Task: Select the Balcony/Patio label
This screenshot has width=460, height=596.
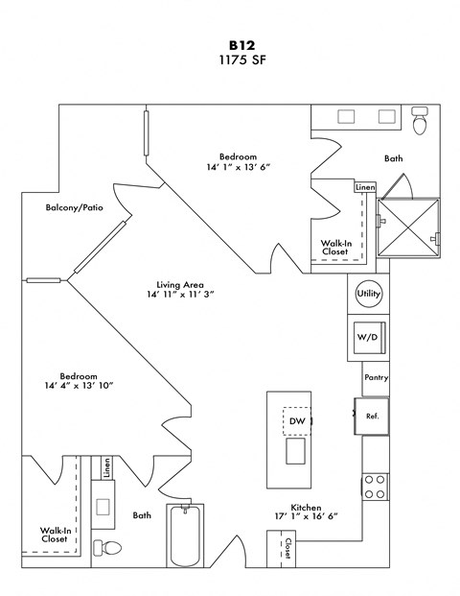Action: [x=74, y=207]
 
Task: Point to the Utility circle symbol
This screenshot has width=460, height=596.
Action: [x=368, y=294]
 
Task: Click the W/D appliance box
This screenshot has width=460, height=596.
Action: [x=368, y=338]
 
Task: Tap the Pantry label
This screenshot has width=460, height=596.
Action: [x=376, y=379]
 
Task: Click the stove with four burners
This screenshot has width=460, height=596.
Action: [x=375, y=486]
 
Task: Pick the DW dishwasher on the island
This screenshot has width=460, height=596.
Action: [x=295, y=420]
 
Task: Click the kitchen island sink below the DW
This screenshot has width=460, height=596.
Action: [x=295, y=449]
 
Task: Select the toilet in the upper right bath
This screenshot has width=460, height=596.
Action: [x=419, y=123]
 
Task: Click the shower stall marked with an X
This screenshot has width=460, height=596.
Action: [x=409, y=228]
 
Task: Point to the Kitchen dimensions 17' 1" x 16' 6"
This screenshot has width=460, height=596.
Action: [x=308, y=512]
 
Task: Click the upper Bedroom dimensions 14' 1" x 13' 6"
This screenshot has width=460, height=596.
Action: [x=238, y=166]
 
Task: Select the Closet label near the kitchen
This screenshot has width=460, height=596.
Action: [x=287, y=549]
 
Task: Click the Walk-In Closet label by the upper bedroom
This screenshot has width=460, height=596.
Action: [x=333, y=248]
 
